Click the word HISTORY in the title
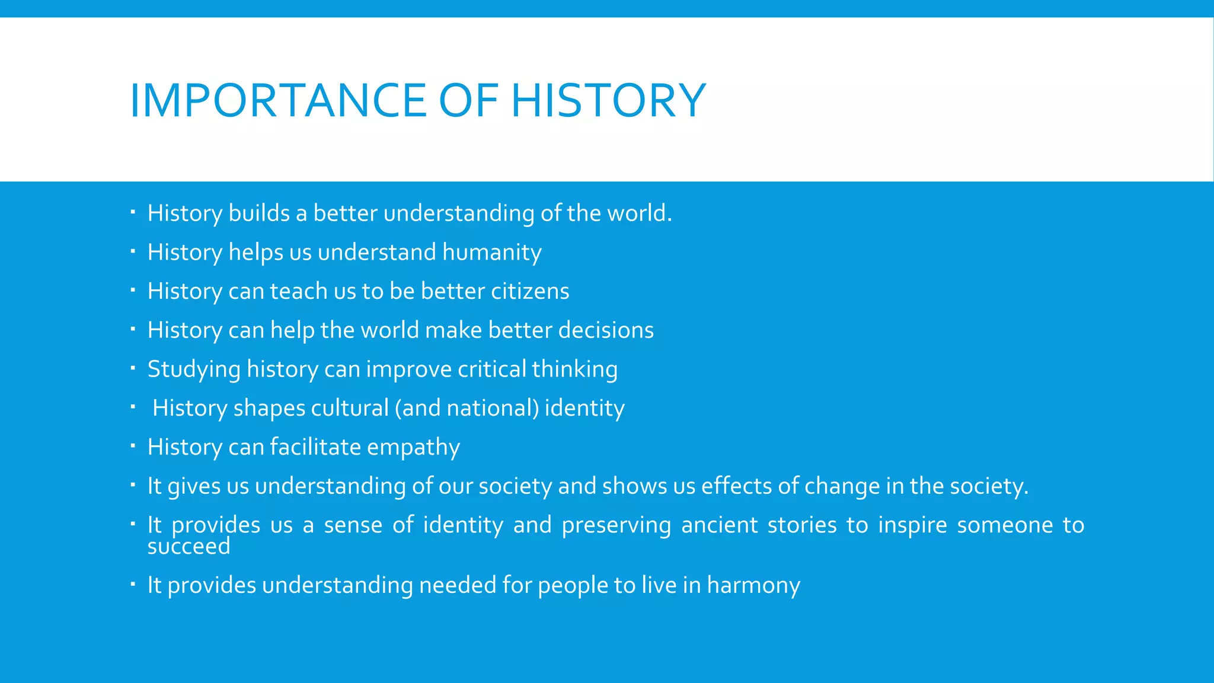608,100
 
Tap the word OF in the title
468,100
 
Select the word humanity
491,253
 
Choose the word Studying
194,370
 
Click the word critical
492,369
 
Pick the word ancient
719,525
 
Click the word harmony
753,586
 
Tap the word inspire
912,525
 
